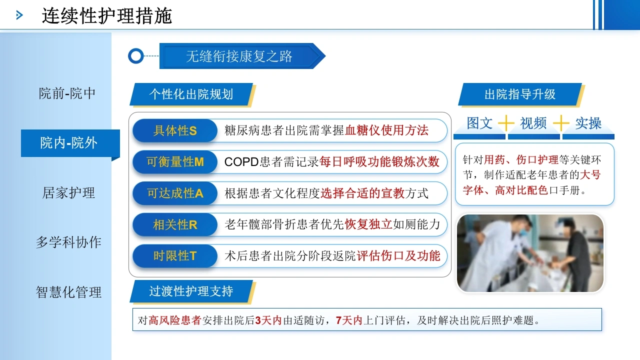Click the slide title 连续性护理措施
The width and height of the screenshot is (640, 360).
coord(107,15)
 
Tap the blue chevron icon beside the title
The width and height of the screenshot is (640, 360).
coord(19,15)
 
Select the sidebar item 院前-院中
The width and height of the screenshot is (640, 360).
coord(67,93)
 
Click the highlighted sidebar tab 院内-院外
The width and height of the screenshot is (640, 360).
coord(70,143)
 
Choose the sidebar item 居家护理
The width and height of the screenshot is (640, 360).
coord(68,193)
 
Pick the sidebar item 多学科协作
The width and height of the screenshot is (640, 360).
coord(68,242)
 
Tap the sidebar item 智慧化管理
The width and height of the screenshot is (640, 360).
coord(68,292)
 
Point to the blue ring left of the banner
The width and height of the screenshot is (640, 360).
coord(135,56)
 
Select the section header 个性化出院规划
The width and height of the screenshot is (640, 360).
coord(191,94)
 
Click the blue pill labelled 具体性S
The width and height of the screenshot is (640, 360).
coord(175,130)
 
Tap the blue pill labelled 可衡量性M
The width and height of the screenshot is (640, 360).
coord(175,162)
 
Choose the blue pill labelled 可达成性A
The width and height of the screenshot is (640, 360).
coord(175,193)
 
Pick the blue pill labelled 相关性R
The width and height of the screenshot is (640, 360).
coord(175,225)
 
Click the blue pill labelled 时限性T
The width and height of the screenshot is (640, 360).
coord(175,256)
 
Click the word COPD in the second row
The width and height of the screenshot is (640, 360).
coord(241,162)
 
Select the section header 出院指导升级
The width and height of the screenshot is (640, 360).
coord(520,94)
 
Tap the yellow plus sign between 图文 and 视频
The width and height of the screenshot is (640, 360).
coord(506,123)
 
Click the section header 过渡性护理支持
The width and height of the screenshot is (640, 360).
coord(191,291)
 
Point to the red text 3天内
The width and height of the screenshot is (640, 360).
coord(268,320)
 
